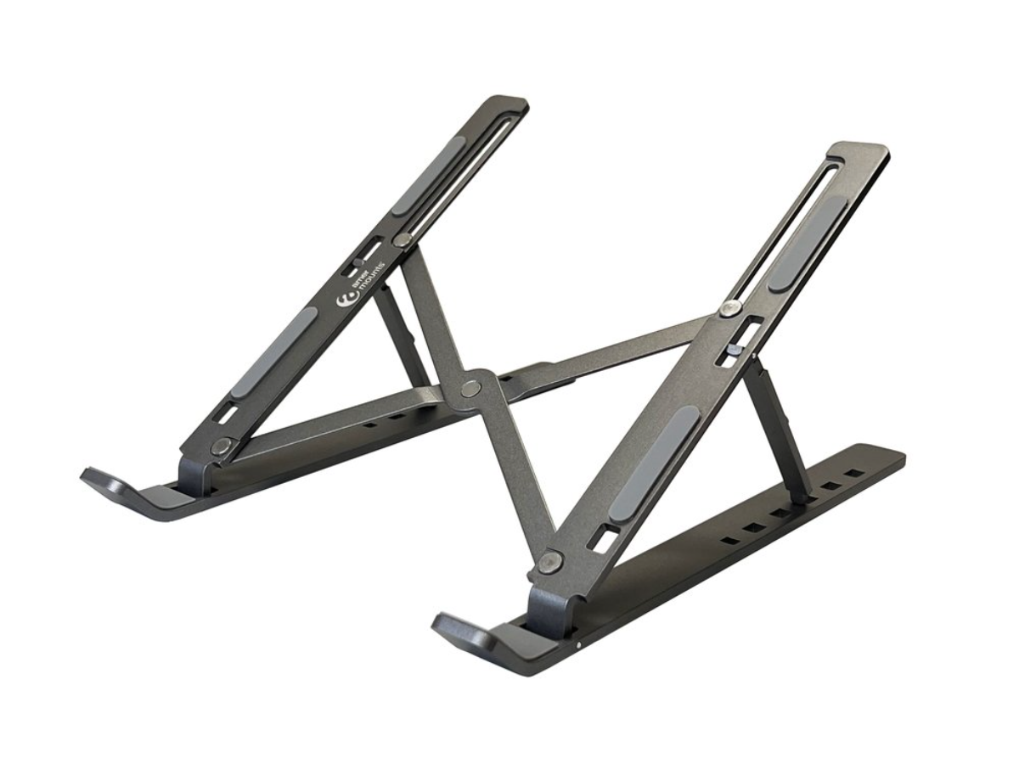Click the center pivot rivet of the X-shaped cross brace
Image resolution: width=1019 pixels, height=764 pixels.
point(470,389)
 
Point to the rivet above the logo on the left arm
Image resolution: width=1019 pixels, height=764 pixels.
point(403,240)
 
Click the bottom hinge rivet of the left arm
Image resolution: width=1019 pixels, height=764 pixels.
point(222,446)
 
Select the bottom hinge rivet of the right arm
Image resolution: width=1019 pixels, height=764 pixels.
point(551,561)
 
